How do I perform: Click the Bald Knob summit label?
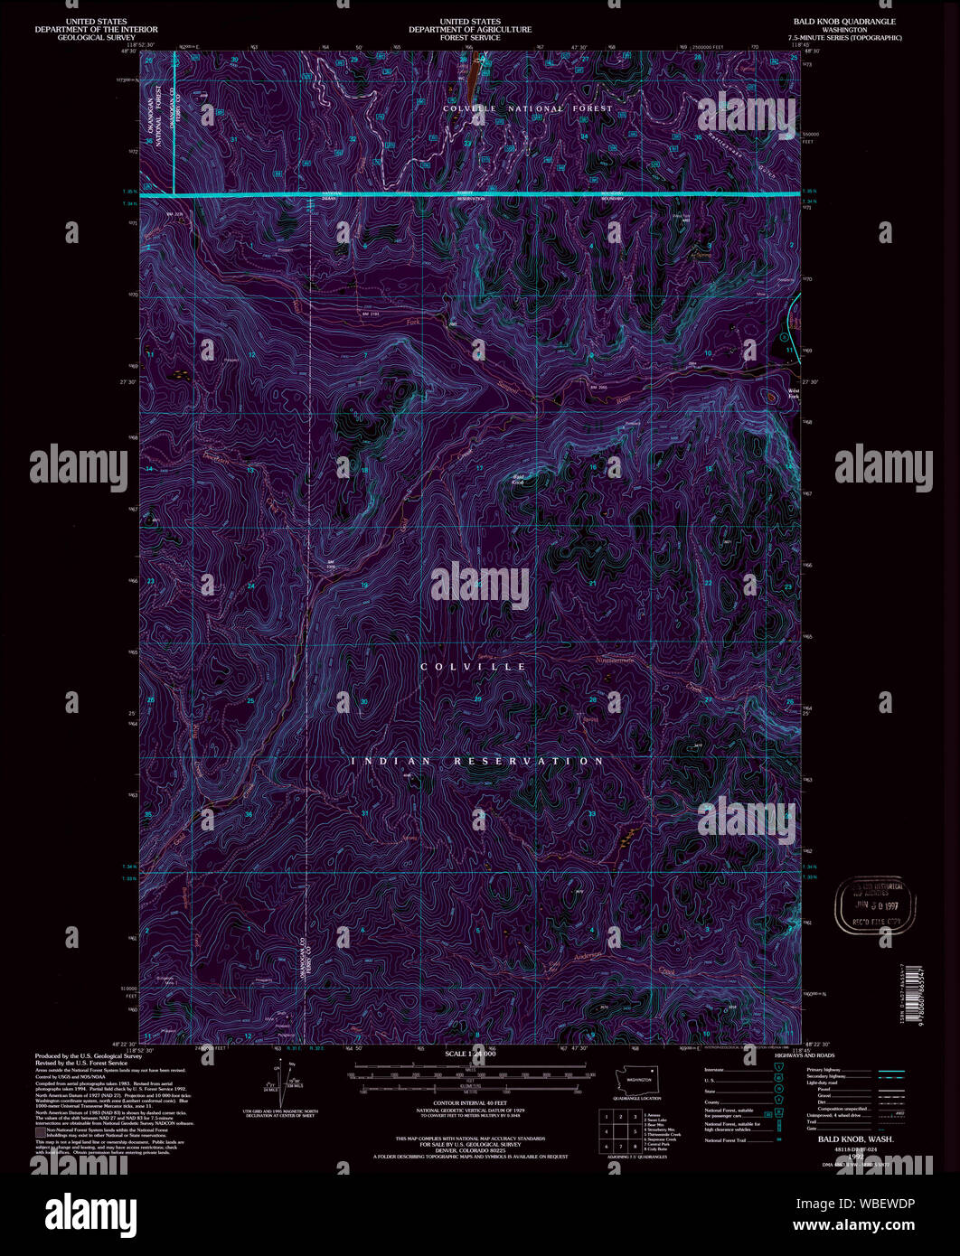(519, 479)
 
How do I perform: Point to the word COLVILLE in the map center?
(474, 666)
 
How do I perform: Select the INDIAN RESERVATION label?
(477, 761)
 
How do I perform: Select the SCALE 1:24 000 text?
(470, 1054)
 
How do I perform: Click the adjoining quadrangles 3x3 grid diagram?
(620, 1130)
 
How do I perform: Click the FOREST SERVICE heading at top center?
(470, 38)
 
